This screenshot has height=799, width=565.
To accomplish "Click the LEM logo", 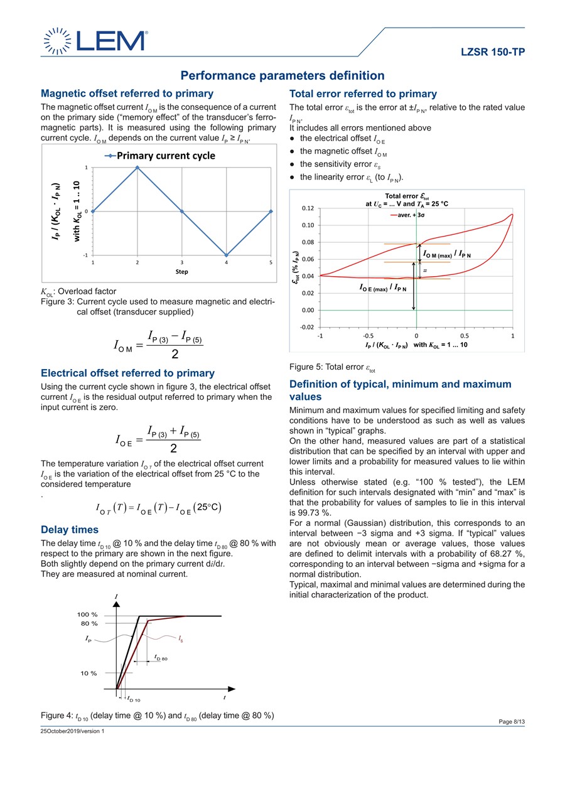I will [x=94, y=40].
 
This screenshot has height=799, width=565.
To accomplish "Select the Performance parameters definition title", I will [x=282, y=76].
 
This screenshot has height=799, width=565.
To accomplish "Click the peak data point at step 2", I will [x=137, y=168].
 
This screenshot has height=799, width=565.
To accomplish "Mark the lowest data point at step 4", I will [x=227, y=255].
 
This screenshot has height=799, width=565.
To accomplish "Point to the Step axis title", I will [x=181, y=272].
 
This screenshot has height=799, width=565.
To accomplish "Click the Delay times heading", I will [x=69, y=530].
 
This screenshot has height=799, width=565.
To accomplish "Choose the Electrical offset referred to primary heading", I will [x=127, y=373].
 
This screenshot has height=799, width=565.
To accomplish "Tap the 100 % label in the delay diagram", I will [x=87, y=614].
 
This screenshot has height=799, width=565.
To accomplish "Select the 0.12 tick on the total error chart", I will [x=307, y=208].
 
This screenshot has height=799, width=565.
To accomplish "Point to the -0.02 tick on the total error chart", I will [x=306, y=327].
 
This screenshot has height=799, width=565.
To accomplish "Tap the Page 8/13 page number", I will [x=511, y=722].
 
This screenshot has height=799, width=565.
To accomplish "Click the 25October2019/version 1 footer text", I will [x=72, y=731].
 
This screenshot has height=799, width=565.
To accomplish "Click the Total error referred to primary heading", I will [x=363, y=94].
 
